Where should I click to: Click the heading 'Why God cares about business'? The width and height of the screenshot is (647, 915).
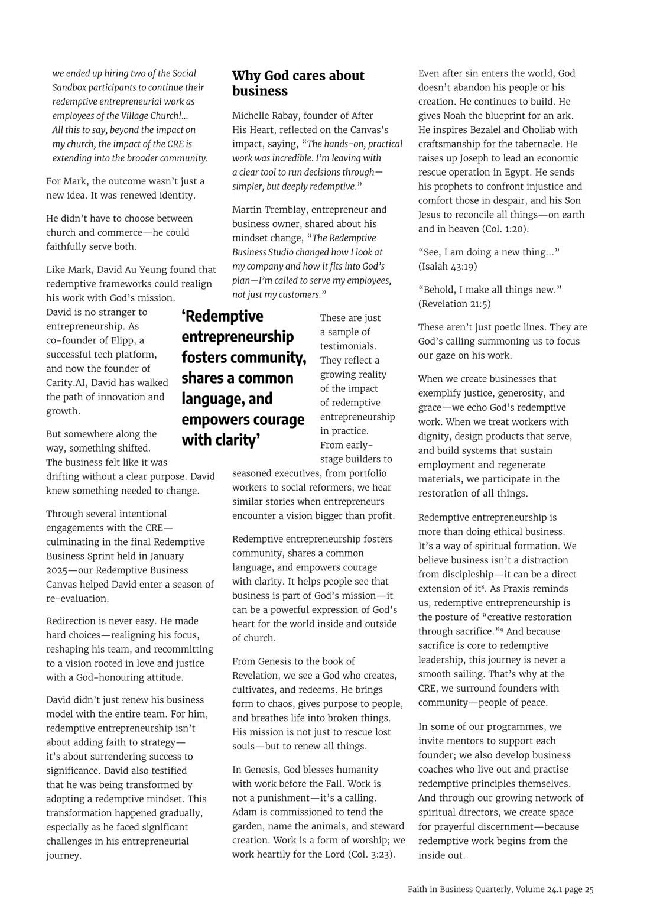pos(298,83)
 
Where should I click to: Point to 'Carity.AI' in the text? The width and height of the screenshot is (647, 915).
pos(67,383)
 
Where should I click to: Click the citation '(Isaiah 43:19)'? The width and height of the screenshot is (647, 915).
pos(447,267)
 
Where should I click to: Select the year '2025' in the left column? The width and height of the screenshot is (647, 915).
pos(58,570)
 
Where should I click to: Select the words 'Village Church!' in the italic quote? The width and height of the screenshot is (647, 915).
pos(149,116)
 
